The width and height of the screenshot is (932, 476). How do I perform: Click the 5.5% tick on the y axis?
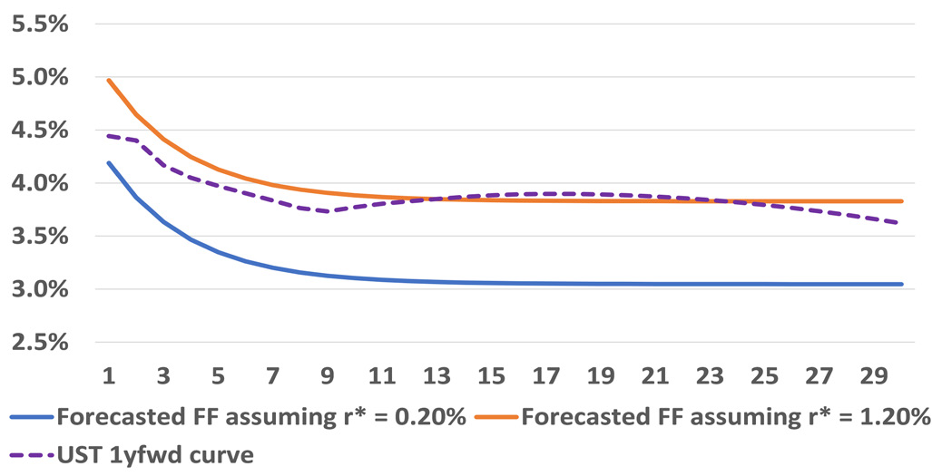(38, 24)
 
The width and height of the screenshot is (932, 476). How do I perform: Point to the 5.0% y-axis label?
(38, 78)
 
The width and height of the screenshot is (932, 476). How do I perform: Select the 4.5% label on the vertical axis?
(38, 131)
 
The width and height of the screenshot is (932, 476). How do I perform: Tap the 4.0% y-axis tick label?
(38, 184)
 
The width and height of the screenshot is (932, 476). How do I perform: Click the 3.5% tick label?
(38, 237)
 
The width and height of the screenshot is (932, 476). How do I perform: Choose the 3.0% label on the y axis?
(38, 290)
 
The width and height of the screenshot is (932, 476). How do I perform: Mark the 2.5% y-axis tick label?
(38, 343)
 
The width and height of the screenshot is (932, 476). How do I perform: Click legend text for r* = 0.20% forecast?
(261, 418)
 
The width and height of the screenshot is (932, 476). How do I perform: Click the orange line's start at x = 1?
(109, 81)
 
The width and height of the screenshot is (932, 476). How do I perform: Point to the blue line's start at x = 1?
(109, 163)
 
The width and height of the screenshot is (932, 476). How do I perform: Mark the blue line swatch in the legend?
(32, 418)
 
